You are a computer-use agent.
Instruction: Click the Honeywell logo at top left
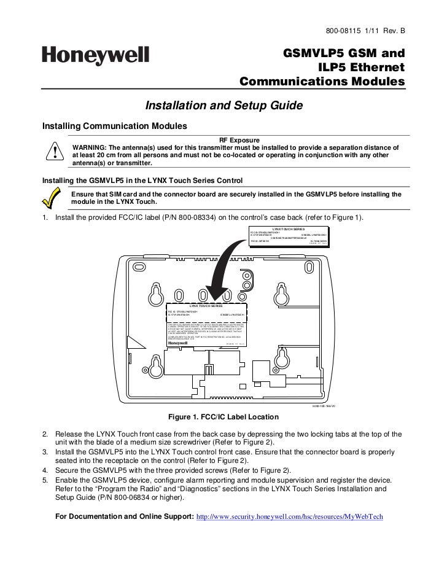95,56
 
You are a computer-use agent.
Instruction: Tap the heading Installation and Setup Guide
223,106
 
